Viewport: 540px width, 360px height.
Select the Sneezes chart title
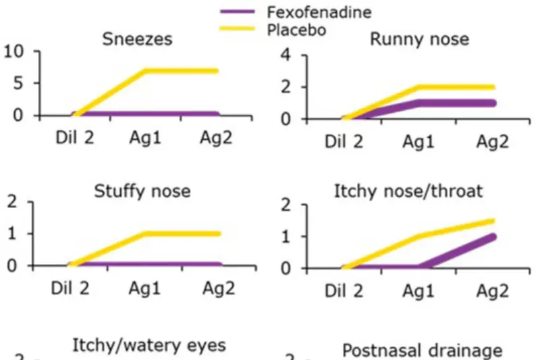(137, 38)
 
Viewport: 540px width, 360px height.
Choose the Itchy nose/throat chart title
(408, 191)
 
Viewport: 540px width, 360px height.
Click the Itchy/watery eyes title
(149, 346)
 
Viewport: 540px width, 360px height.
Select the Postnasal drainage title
(422, 350)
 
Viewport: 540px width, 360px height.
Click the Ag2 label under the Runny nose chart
(493, 142)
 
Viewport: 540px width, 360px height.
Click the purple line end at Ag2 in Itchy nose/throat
(493, 236)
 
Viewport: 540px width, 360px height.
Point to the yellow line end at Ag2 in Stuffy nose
(219, 234)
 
